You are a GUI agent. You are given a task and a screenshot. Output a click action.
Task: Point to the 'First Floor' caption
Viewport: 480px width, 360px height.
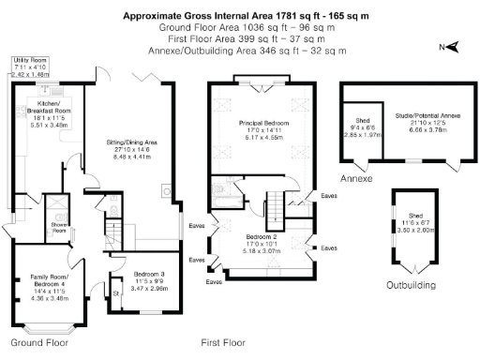223,343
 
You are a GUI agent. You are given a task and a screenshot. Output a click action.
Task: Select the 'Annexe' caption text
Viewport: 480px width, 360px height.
357,178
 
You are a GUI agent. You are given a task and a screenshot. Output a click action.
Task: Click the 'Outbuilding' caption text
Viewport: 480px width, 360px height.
412,285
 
